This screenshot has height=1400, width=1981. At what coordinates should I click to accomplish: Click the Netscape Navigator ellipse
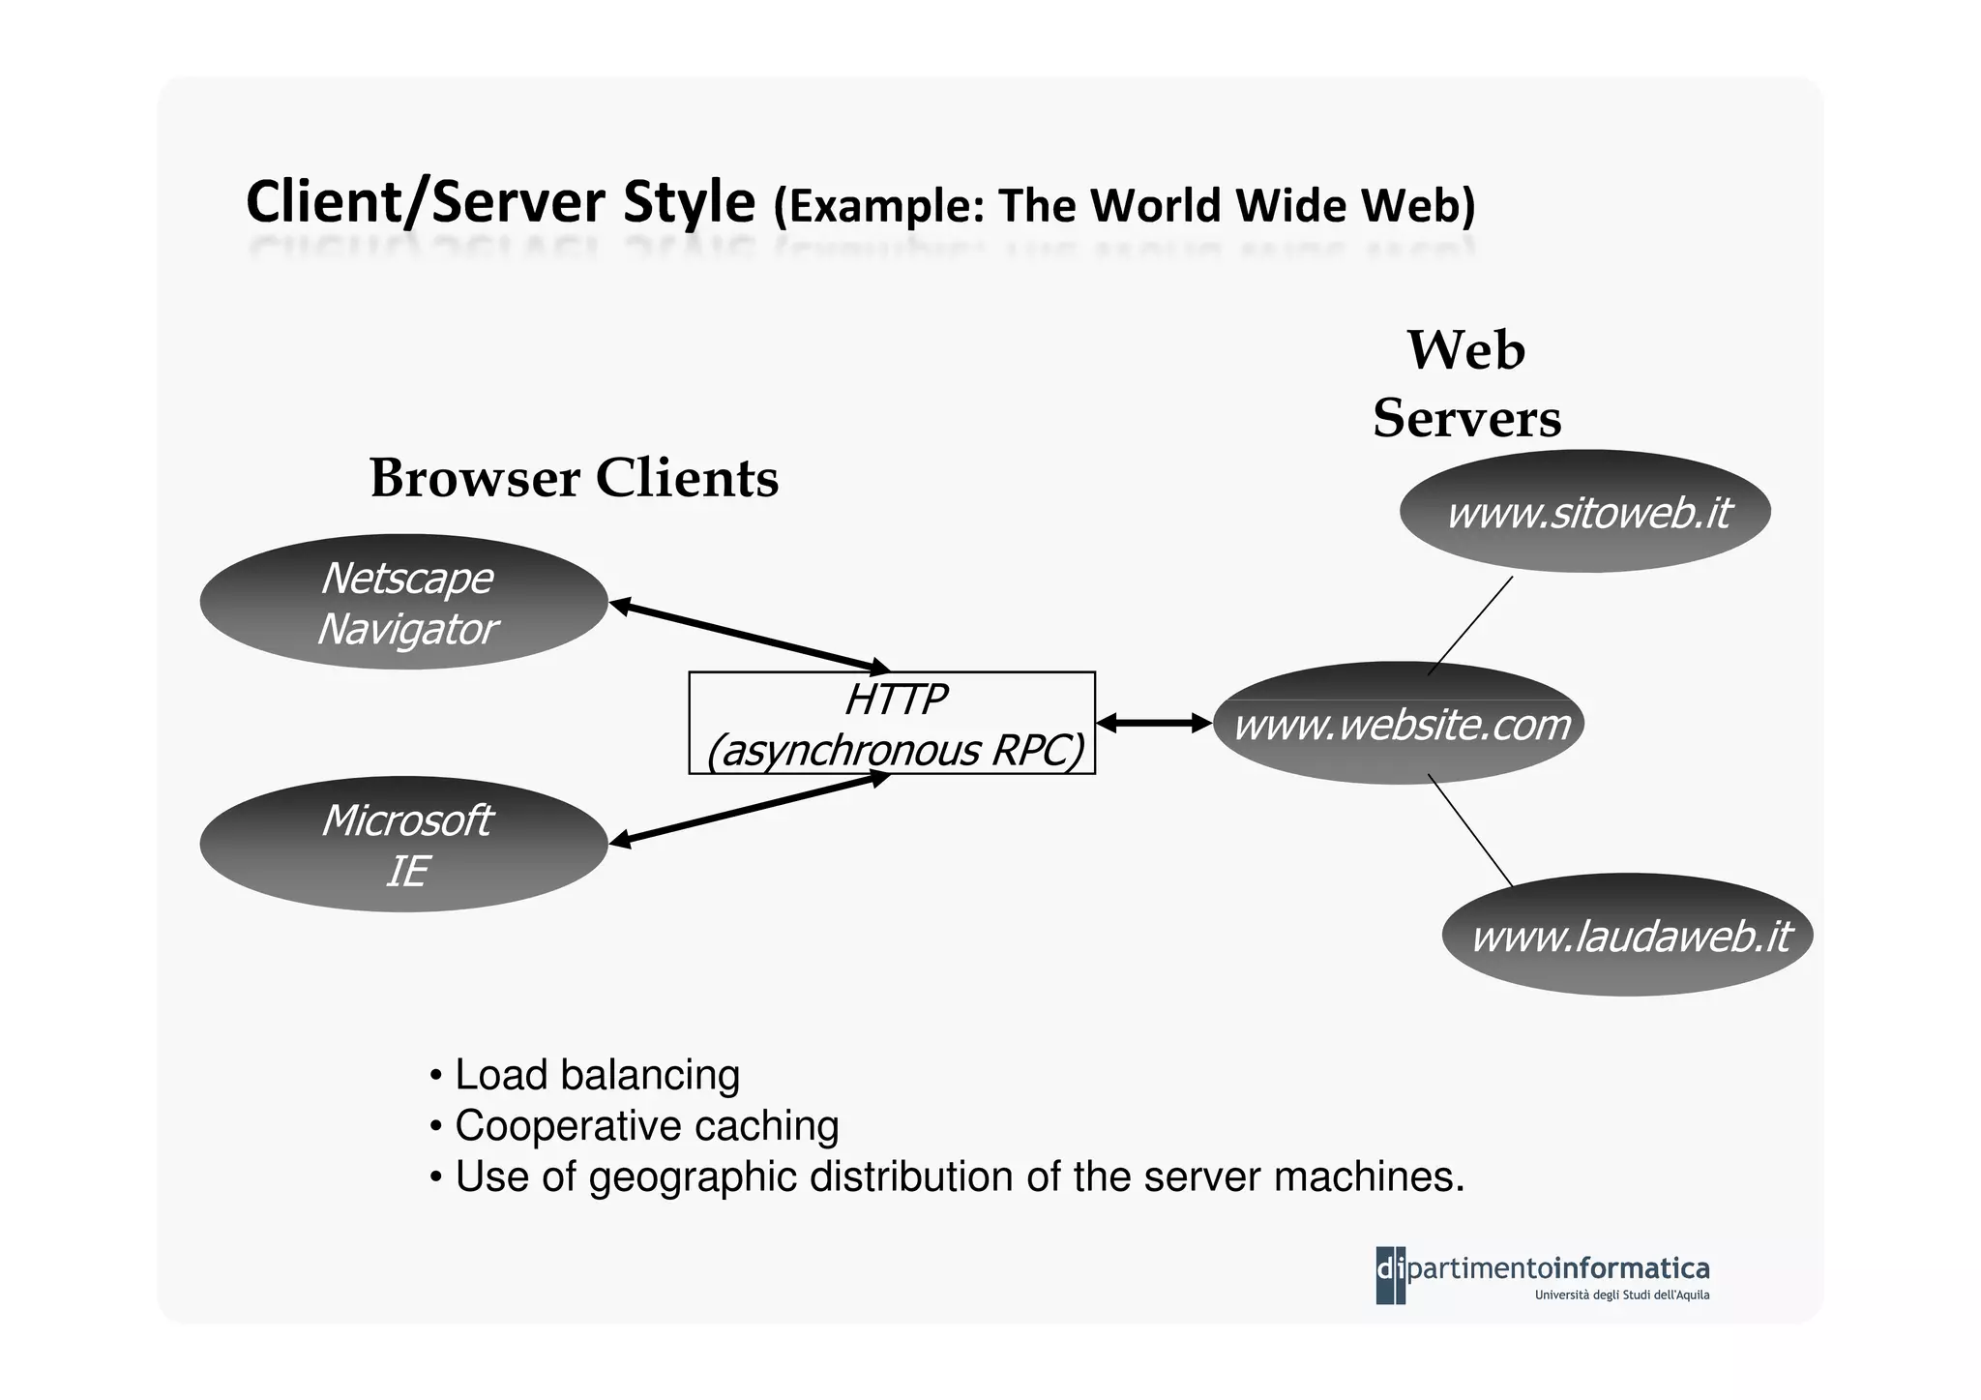[403, 602]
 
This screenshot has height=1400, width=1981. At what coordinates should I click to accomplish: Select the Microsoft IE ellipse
[403, 844]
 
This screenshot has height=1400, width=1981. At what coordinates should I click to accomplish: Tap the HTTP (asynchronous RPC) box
[891, 724]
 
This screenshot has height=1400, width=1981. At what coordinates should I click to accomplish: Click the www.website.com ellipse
[1399, 724]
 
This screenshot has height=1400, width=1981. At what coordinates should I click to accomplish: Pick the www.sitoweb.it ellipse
[1584, 512]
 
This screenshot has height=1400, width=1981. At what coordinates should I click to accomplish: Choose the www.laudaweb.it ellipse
[1627, 936]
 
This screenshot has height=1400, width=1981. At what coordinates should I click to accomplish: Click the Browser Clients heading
[574, 478]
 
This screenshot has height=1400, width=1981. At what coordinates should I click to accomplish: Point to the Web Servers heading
[1466, 385]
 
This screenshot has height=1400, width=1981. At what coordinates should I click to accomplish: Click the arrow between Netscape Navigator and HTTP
[750, 636]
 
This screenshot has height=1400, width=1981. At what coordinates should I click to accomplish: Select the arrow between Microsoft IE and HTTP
[750, 809]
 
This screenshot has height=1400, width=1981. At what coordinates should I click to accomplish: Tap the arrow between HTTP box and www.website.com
[1154, 723]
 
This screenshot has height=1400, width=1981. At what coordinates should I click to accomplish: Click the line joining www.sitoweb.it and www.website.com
[1470, 625]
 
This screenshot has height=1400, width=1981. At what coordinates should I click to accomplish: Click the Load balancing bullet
[596, 1075]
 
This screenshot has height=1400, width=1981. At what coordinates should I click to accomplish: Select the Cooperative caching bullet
[645, 1126]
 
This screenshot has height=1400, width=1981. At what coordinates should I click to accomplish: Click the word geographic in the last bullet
[692, 1177]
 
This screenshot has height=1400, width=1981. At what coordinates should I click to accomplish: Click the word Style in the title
[688, 203]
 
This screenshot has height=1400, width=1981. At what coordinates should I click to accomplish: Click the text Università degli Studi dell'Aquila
[1621, 1296]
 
